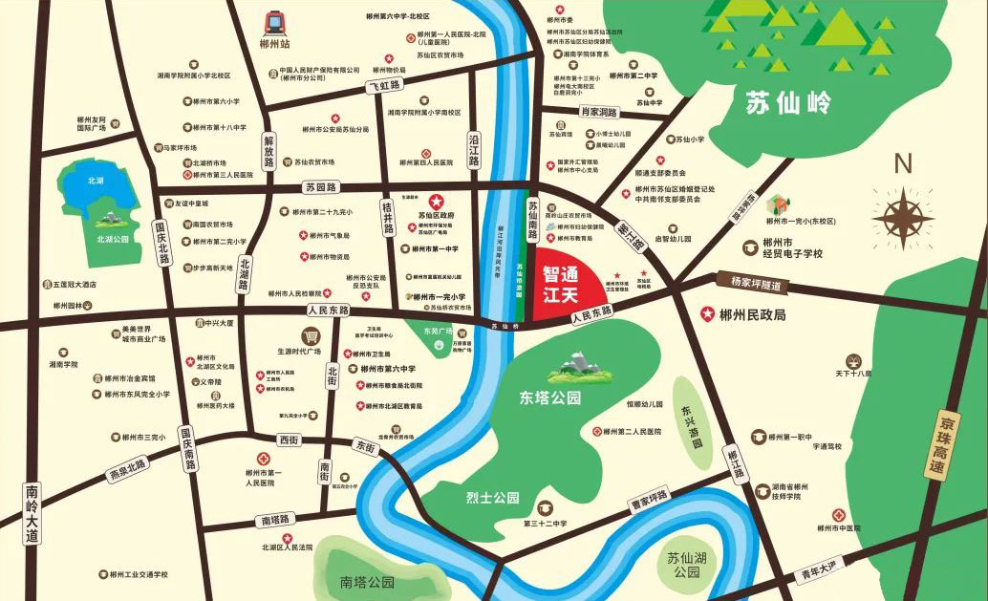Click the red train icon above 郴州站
pyautogui.click(x=275, y=21)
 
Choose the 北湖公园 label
pyautogui.click(x=112, y=239)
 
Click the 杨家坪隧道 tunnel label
pyautogui.click(x=756, y=284)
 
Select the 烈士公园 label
pyautogui.click(x=492, y=497)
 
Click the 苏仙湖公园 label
pyautogui.click(x=686, y=565)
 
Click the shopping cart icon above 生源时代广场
pyautogui.click(x=310, y=335)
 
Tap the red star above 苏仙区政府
pyautogui.click(x=436, y=201)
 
